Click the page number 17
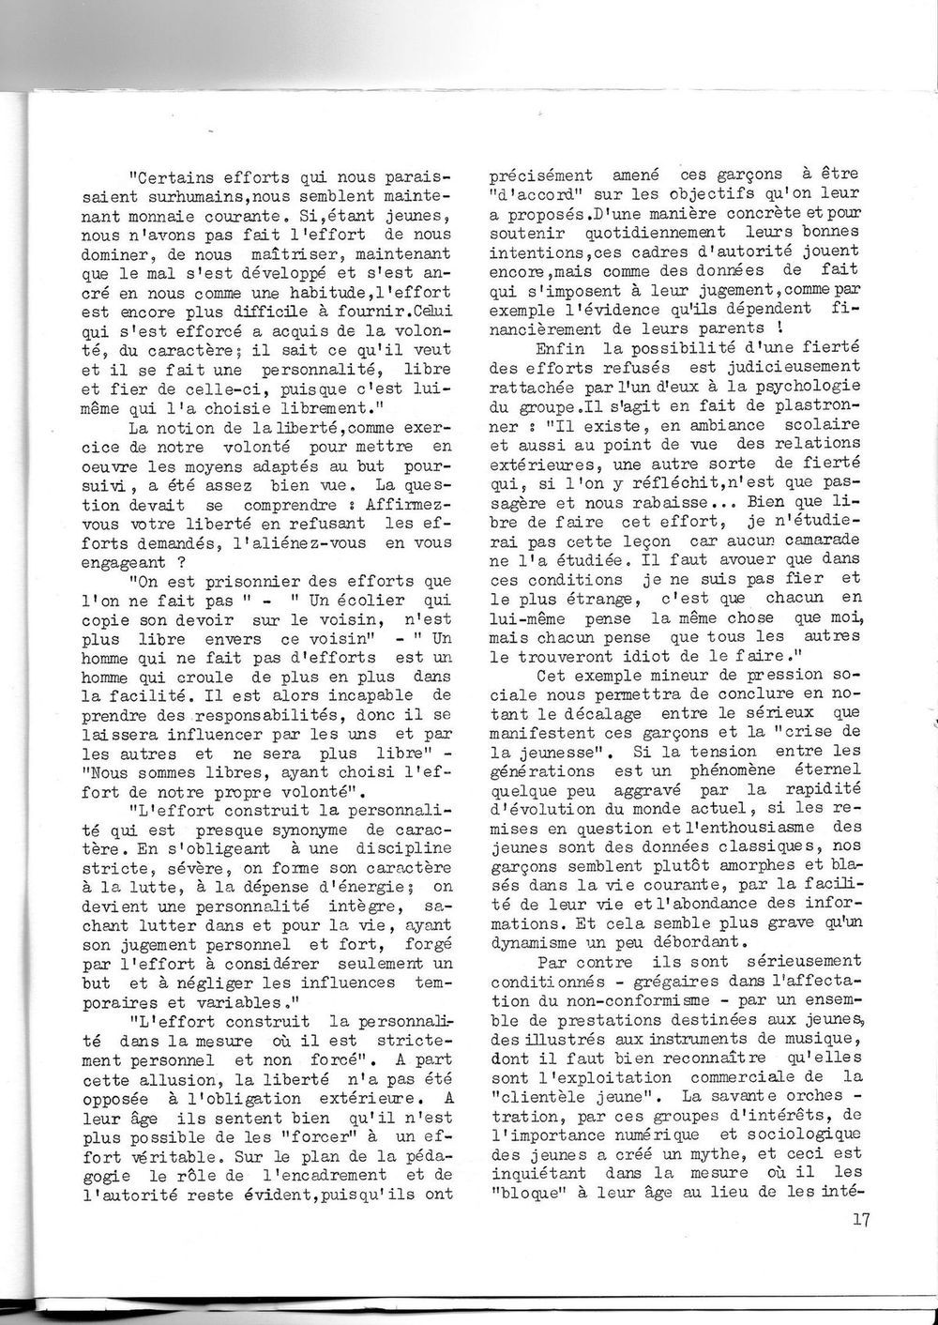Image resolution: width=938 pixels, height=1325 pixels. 864,1222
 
